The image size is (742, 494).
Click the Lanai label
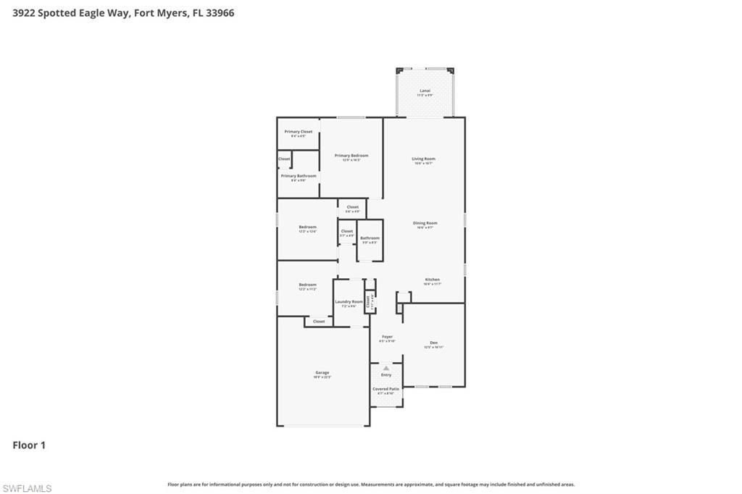pyautogui.click(x=425, y=91)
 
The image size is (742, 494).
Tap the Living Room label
pyautogui.click(x=424, y=159)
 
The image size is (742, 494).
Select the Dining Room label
pyautogui.click(x=425, y=223)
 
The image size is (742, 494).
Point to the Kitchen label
pyautogui.click(x=432, y=280)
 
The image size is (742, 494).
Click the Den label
pyautogui.click(x=433, y=343)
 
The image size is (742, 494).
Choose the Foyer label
pyautogui.click(x=387, y=337)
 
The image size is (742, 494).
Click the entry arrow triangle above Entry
pyautogui.click(x=386, y=368)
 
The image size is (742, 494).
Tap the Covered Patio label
pyautogui.click(x=385, y=389)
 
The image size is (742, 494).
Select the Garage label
pyautogui.click(x=322, y=372)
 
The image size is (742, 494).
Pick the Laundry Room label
pyautogui.click(x=349, y=301)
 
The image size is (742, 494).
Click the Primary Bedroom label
pyautogui.click(x=351, y=156)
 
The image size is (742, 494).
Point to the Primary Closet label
pyautogui.click(x=299, y=132)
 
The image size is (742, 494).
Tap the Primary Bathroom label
pyautogui.click(x=299, y=176)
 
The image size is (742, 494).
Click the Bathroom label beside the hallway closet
pyautogui.click(x=370, y=238)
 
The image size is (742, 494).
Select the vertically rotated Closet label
pyautogui.click(x=368, y=302)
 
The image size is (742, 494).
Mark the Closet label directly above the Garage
pyautogui.click(x=319, y=321)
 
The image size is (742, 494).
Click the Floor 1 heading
pyautogui.click(x=29, y=445)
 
